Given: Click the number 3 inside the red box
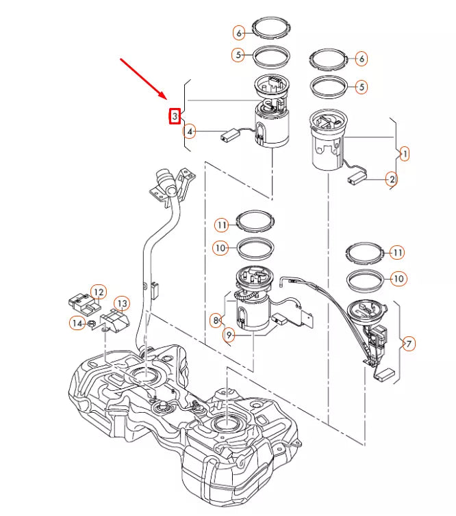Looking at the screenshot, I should (175, 117).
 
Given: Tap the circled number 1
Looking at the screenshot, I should (405, 154).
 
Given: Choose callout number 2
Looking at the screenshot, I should (391, 180).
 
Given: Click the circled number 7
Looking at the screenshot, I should (409, 344).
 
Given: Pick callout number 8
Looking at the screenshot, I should (216, 319).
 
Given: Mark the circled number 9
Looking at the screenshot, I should (229, 335).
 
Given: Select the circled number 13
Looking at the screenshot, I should (121, 303).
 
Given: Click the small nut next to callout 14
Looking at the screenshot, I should (92, 323).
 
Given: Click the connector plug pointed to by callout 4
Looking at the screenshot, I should (229, 136).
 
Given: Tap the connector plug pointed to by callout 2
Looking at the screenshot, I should (355, 178).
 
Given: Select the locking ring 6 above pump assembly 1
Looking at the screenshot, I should (330, 59).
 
